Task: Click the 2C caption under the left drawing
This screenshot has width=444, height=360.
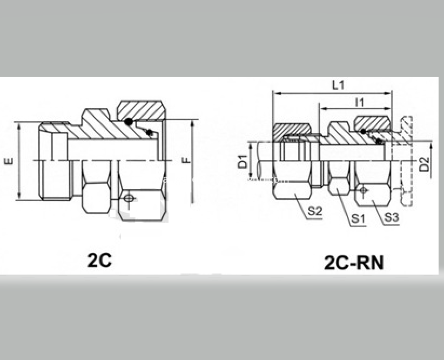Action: tap(100, 260)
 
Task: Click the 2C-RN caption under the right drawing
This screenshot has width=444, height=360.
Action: tap(354, 263)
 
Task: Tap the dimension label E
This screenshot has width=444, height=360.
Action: tap(9, 161)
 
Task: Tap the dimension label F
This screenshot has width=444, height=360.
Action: tap(186, 160)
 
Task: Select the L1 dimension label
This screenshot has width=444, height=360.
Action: tap(338, 85)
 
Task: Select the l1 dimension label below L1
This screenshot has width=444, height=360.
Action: tap(360, 103)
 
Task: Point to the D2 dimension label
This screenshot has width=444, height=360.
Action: tap(424, 164)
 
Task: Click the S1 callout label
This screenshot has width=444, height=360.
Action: tap(358, 218)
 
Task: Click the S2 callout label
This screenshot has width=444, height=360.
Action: tap(315, 211)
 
